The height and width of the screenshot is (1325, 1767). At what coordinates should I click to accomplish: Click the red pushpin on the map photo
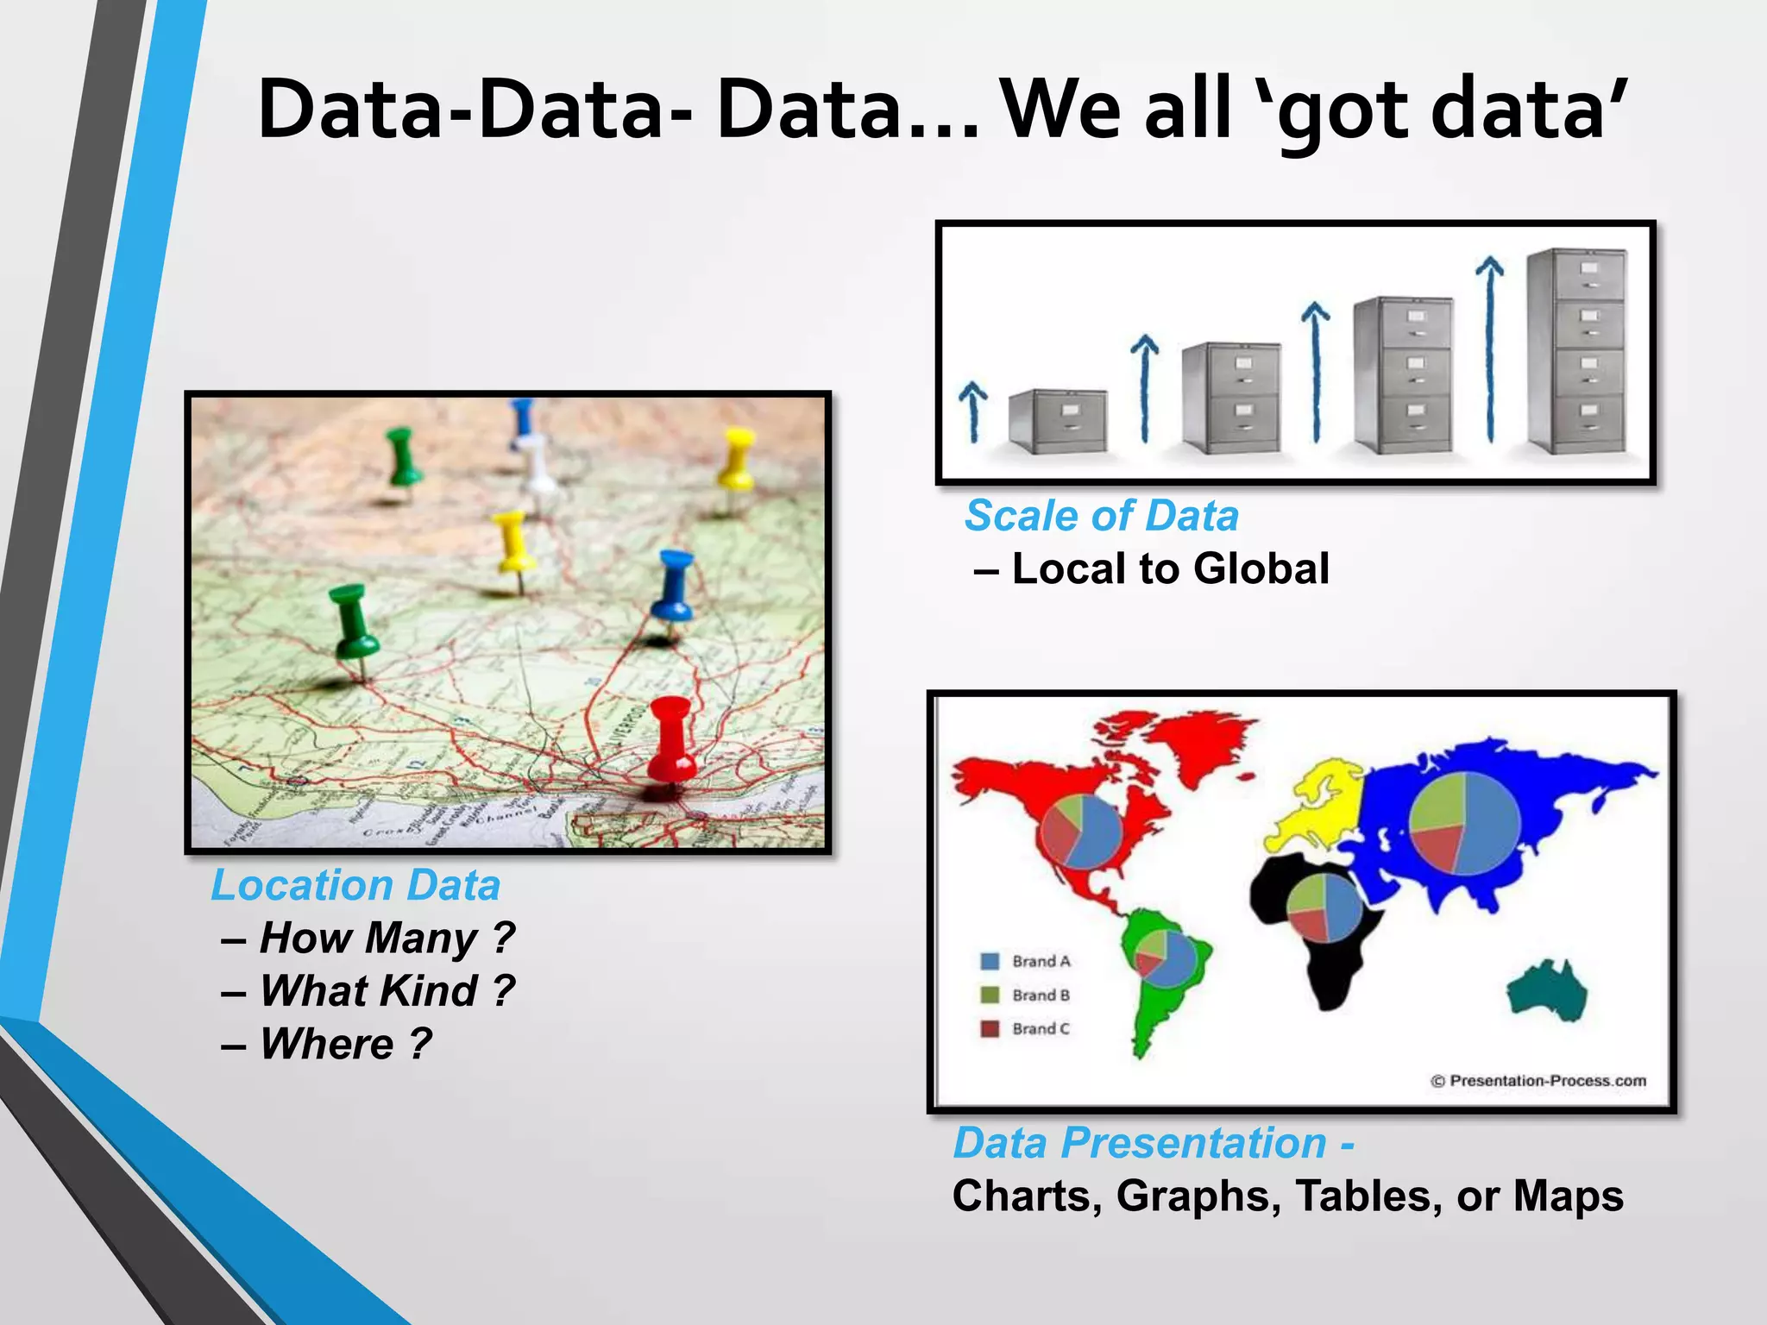coord(671,740)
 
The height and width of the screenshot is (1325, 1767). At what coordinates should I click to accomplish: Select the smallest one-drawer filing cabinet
coord(1058,420)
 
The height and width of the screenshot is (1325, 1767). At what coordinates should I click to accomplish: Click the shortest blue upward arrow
coord(973,411)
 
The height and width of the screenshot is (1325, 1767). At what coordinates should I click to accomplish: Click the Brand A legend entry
coord(1027,961)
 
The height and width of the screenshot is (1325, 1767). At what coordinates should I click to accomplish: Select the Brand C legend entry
coord(1027,1028)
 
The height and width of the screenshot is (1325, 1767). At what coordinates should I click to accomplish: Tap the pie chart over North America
coord(1081,831)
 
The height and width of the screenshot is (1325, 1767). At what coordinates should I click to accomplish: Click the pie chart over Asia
coord(1463,823)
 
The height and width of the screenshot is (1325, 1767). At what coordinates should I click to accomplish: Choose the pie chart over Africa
coord(1324,908)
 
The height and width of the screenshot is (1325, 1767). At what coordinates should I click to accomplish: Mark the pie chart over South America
coord(1164,958)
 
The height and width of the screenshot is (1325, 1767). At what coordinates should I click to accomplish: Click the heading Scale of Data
coord(1102,516)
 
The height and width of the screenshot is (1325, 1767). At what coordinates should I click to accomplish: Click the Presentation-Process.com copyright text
coord(1538,1081)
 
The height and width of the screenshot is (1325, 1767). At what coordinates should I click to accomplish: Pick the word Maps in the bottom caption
coord(1568,1196)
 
